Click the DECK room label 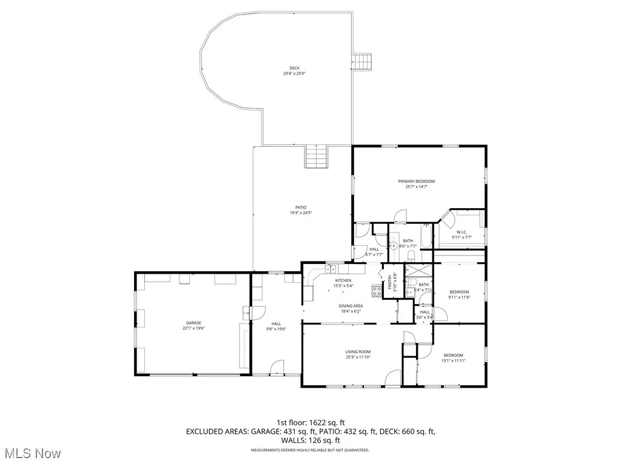(294, 68)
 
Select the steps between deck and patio (317, 158)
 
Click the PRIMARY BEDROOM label (416, 181)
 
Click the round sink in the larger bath (393, 246)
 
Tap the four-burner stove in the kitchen (377, 290)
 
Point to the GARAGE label (193, 323)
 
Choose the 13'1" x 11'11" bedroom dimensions (453, 361)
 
